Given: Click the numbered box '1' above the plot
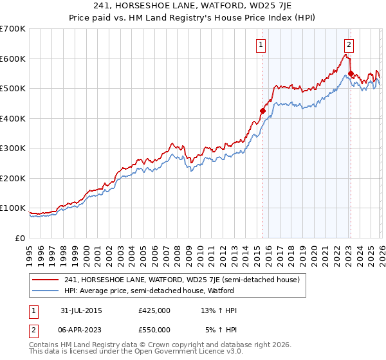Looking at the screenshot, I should click(261, 44).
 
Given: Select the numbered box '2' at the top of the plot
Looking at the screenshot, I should click(349, 44).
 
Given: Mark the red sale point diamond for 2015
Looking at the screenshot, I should click(262, 111).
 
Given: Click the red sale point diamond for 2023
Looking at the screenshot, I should click(351, 73).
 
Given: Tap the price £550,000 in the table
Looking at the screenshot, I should click(154, 330).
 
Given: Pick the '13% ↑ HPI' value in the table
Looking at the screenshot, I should click(219, 310).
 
